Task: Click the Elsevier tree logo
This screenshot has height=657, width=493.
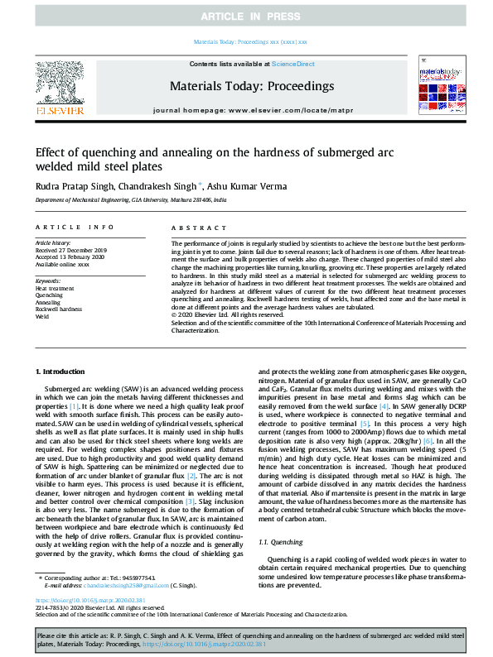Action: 59,85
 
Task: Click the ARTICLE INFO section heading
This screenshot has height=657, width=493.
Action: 74,226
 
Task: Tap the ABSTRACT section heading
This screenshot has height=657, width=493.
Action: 195,226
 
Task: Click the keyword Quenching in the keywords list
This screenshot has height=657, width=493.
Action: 49,295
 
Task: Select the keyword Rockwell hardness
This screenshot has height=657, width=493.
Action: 58,309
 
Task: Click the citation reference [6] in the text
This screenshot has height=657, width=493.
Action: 428,443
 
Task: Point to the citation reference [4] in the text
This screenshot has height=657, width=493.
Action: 384,406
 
